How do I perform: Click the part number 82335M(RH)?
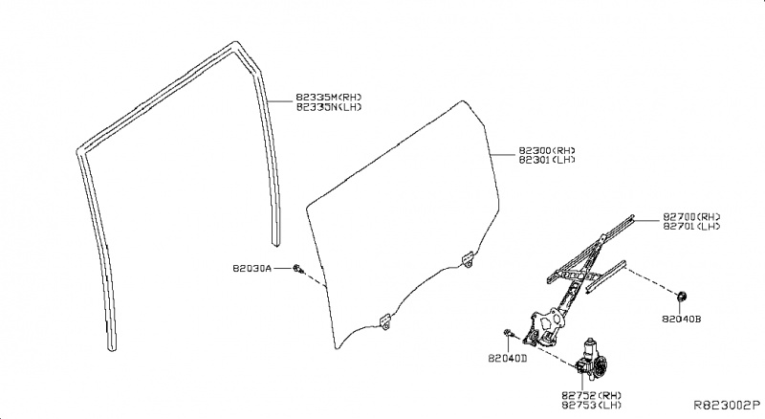[x=329, y=97]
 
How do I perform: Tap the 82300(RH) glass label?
[x=547, y=150]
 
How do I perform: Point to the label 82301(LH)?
[x=547, y=161]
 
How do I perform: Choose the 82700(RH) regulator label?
[x=690, y=216]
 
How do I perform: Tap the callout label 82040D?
[x=507, y=358]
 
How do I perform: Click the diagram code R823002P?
[x=728, y=407]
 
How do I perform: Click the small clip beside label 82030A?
[x=300, y=268]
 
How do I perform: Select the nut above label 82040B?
[x=686, y=293]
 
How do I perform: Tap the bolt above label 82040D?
[x=507, y=334]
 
